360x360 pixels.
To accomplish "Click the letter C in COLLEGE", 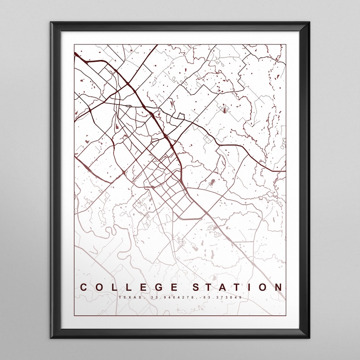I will click(84, 287).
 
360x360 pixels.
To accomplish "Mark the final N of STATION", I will click(277, 287).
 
